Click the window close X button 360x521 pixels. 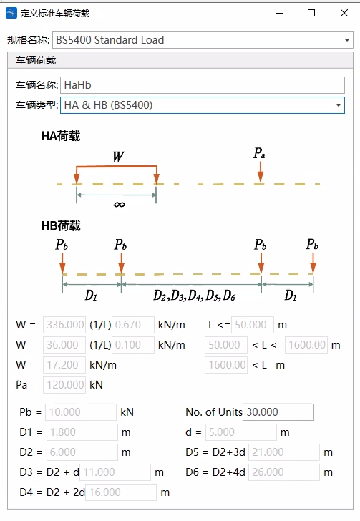[x=344, y=13]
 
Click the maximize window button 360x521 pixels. [x=311, y=13]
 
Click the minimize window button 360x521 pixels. [x=279, y=14]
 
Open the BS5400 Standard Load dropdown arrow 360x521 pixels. [x=346, y=40]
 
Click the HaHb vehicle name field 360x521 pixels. [x=202, y=85]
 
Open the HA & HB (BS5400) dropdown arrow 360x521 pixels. [x=339, y=105]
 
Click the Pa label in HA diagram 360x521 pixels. [x=259, y=153]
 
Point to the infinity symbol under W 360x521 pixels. [x=119, y=205]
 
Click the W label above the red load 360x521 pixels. [x=118, y=157]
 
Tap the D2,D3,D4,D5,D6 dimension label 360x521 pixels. [x=195, y=295]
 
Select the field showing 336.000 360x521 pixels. [x=64, y=325]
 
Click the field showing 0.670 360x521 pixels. [x=133, y=325]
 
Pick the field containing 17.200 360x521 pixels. [x=64, y=365]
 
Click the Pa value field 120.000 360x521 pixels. [x=64, y=385]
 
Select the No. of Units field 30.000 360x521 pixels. [x=278, y=412]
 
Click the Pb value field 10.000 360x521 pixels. [x=81, y=412]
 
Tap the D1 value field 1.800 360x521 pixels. [x=82, y=432]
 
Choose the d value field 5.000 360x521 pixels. [x=241, y=432]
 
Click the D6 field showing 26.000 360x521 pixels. [x=284, y=472]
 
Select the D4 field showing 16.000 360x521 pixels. [x=121, y=492]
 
